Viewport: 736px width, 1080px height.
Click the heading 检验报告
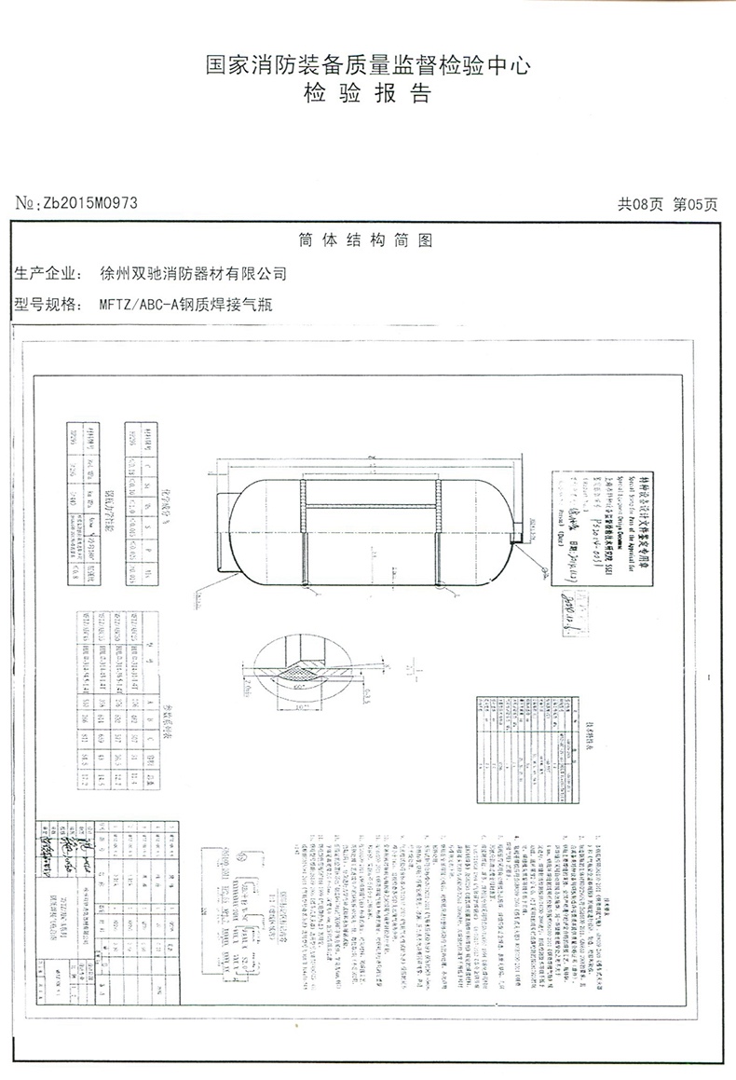pyautogui.click(x=367, y=94)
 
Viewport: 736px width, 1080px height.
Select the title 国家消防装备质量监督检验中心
pyautogui.click(x=367, y=66)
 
